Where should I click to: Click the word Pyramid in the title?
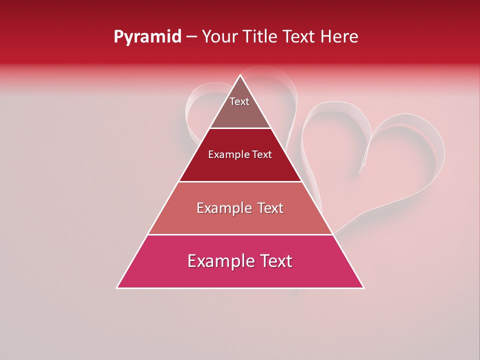click(x=147, y=37)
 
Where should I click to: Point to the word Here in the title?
click(x=339, y=37)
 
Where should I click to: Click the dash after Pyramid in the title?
click(x=191, y=37)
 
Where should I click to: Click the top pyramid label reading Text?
click(x=239, y=101)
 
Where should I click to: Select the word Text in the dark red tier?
click(x=262, y=155)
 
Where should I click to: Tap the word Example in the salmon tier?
click(x=223, y=208)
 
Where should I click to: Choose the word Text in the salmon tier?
click(x=270, y=208)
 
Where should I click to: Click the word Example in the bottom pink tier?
click(x=218, y=261)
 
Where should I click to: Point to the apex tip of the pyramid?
click(x=240, y=75)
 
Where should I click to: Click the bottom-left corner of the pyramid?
click(x=117, y=288)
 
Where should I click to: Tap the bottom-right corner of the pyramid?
click(x=363, y=288)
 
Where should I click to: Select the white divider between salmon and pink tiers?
click(x=240, y=234)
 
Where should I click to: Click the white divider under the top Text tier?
click(x=240, y=128)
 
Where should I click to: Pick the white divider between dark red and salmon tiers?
click(x=240, y=181)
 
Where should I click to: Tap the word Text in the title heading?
click(x=300, y=37)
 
